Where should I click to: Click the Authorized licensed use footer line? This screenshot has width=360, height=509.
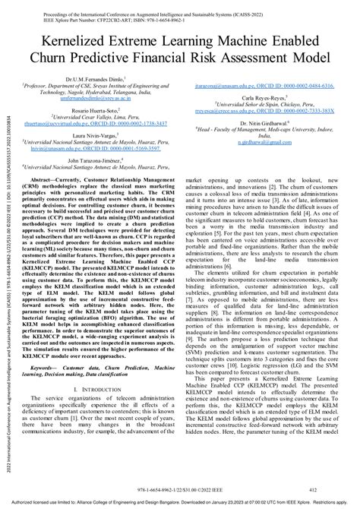point(180,503)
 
